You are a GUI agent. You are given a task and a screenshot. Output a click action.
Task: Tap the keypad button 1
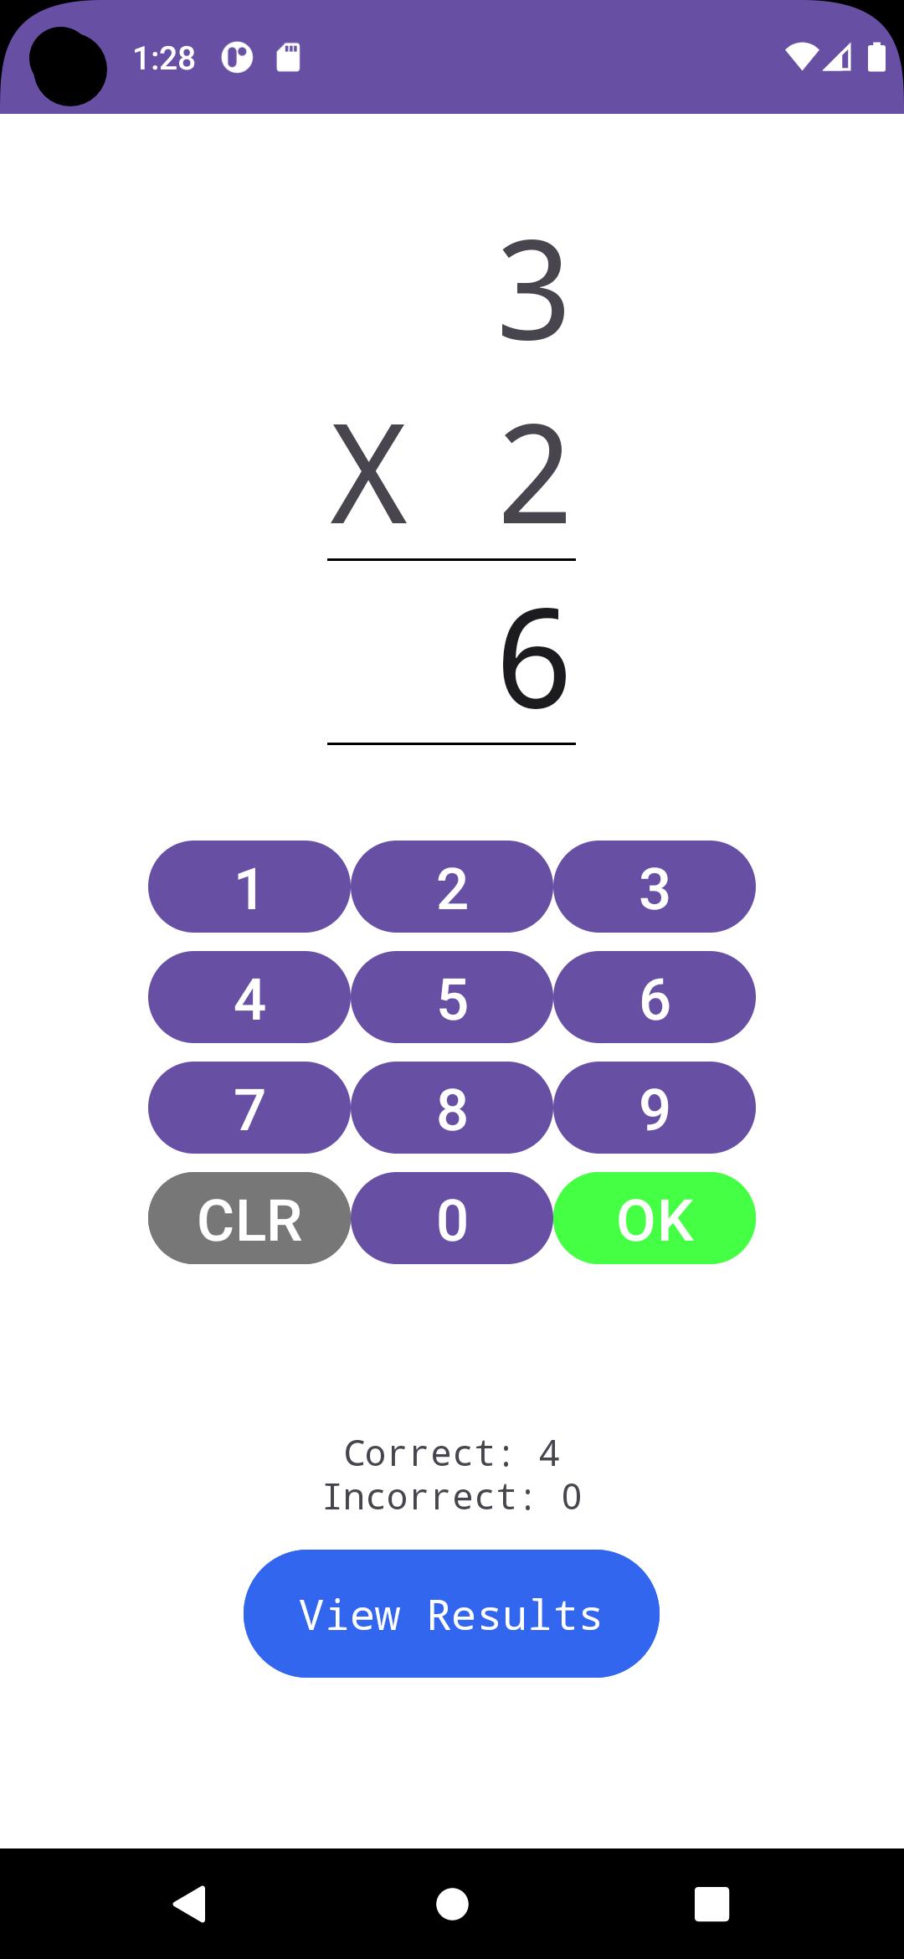(249, 887)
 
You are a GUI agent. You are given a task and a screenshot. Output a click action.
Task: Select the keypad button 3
(655, 887)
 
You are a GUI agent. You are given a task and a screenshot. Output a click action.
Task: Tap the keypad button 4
(249, 997)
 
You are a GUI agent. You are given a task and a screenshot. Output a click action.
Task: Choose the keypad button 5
(452, 997)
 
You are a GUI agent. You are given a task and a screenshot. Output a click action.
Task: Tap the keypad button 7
(249, 1108)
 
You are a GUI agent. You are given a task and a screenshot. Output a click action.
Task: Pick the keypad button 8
(452, 1108)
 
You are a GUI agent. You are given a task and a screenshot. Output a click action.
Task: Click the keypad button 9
(655, 1108)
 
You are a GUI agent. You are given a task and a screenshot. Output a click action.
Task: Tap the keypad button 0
(452, 1218)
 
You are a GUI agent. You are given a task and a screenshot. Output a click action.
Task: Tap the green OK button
(655, 1218)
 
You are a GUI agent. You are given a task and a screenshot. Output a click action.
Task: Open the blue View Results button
(451, 1613)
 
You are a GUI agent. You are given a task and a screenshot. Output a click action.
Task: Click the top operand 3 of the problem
(534, 291)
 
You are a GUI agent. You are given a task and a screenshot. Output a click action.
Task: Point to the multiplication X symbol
(368, 475)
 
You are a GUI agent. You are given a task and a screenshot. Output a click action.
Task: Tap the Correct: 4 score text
(452, 1453)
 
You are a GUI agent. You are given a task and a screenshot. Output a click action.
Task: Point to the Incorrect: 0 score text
(452, 1497)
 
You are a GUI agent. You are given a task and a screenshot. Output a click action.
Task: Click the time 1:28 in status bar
(164, 59)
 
